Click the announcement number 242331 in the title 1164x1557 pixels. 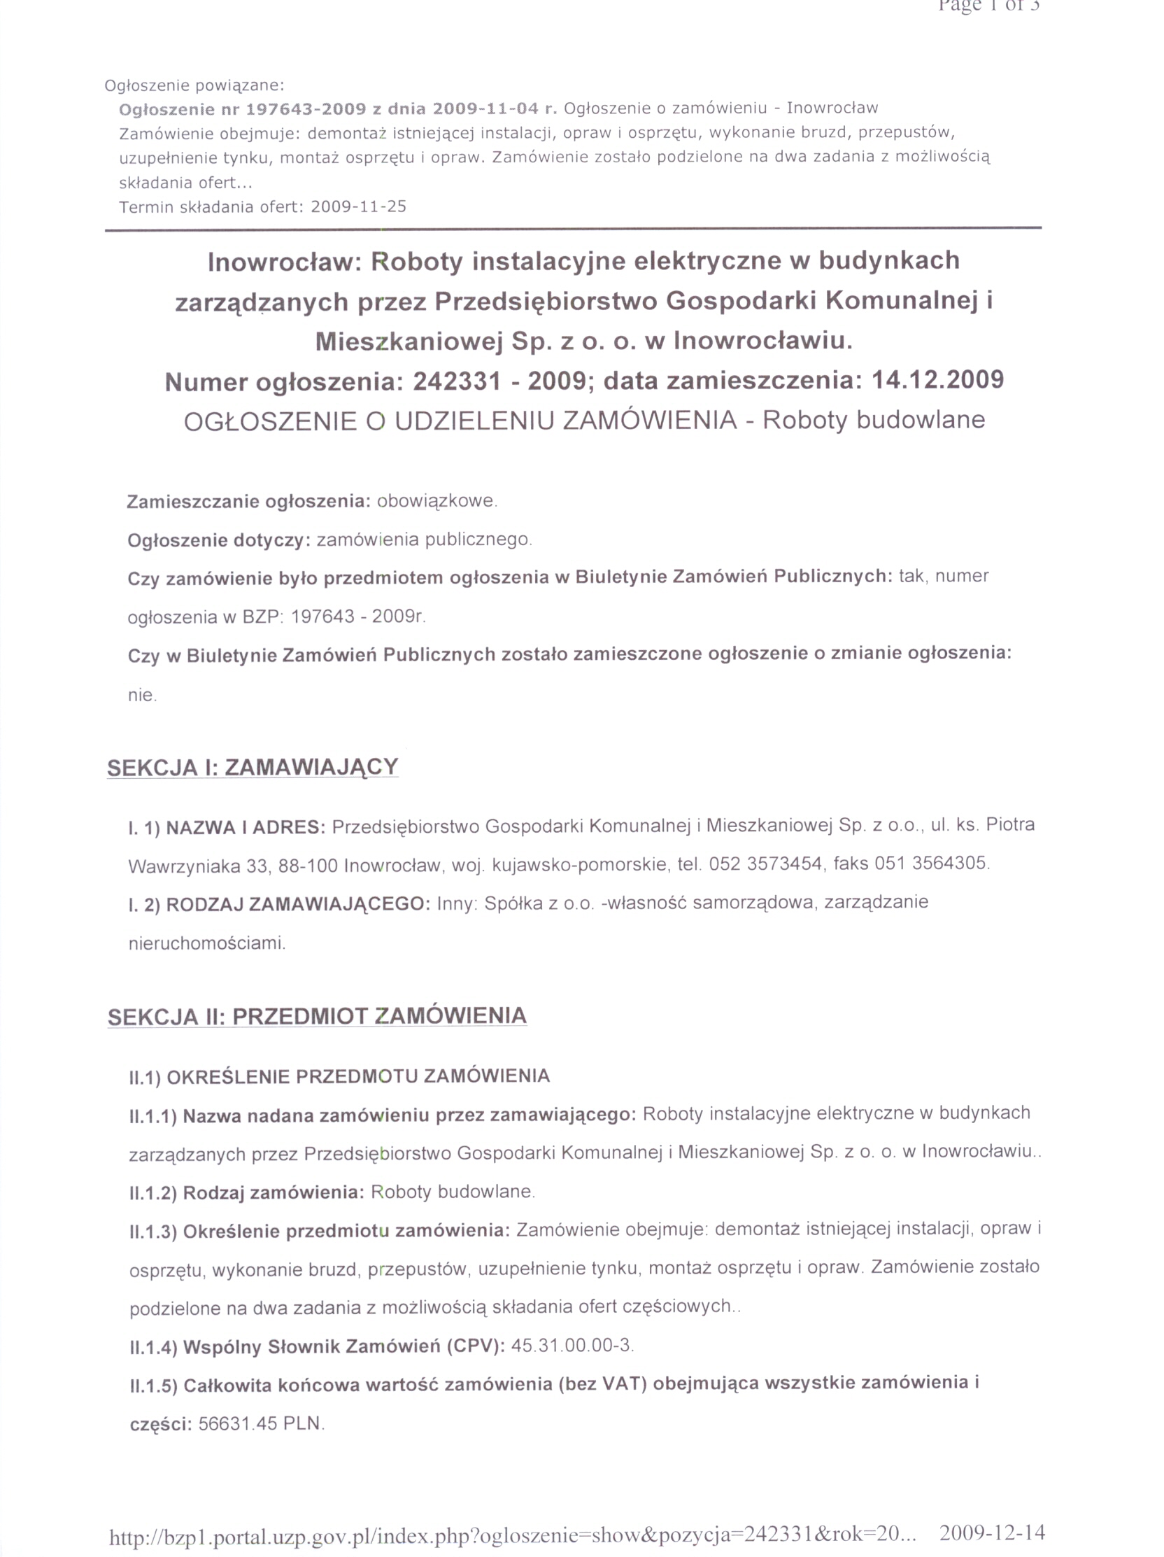pos(457,381)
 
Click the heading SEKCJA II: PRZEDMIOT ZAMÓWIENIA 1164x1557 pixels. pos(317,1016)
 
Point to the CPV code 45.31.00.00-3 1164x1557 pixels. pos(572,1346)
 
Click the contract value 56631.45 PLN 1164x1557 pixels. pos(261,1423)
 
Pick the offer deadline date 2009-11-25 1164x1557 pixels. pos(358,207)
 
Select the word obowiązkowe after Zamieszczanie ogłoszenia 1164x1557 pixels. pos(436,501)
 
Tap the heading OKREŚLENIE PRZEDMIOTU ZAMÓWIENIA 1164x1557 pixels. pos(357,1076)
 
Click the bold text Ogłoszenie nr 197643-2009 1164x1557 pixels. pos(243,109)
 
